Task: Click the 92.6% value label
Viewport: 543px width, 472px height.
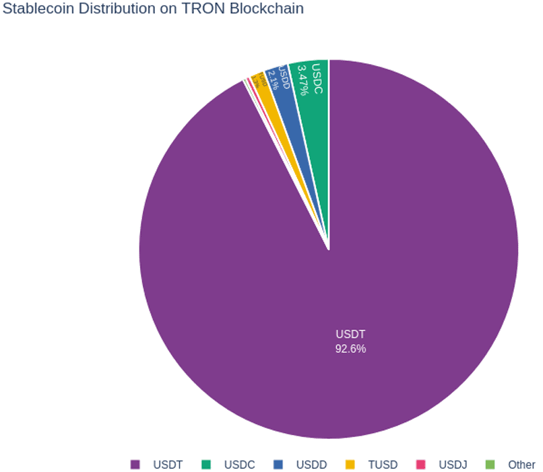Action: (x=350, y=349)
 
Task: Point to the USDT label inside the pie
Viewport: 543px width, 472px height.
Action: (x=350, y=334)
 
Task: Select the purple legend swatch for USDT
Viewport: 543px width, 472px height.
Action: (x=135, y=465)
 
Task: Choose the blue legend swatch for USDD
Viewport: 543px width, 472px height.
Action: (x=278, y=465)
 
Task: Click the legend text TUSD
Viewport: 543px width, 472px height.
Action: (x=383, y=465)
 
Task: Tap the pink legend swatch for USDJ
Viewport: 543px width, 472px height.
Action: (x=421, y=465)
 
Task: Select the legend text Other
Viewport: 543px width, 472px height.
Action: (x=522, y=465)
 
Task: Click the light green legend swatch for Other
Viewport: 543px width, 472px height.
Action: (x=490, y=465)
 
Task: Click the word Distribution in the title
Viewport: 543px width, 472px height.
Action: (x=117, y=9)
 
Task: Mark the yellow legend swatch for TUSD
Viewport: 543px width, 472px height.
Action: (x=350, y=465)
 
